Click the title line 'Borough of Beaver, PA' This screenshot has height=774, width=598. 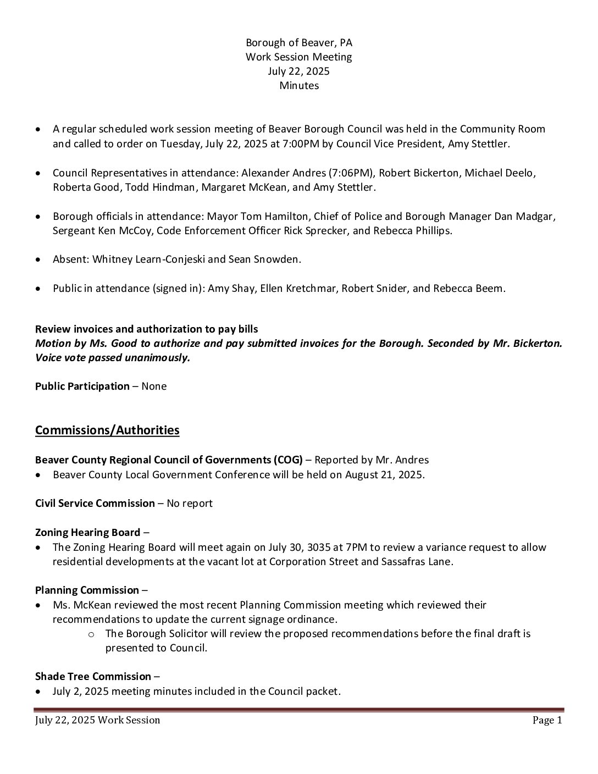tap(298, 42)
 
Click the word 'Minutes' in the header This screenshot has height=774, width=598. tap(298, 85)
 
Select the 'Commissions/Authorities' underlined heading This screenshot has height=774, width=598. tap(107, 430)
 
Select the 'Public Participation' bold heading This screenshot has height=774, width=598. tap(82, 386)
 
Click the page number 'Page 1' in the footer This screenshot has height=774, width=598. tap(547, 720)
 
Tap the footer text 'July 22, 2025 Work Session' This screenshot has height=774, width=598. tap(98, 720)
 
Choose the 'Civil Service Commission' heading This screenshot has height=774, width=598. tap(95, 503)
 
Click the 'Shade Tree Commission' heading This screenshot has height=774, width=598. tap(93, 676)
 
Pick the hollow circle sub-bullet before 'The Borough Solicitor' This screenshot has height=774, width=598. tap(92, 634)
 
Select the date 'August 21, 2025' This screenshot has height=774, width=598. tap(384, 474)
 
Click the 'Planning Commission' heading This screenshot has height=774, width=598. tap(87, 590)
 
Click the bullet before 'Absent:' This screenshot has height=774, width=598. tap(37, 259)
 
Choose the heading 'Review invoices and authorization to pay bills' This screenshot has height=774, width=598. tap(146, 329)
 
